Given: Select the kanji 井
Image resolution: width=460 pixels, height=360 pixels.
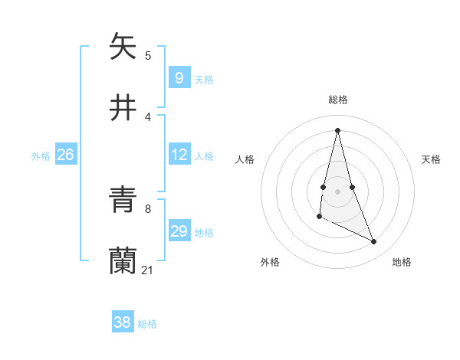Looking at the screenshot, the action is (123, 107).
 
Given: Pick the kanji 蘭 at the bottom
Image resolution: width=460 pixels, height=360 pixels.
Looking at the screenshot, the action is (123, 261).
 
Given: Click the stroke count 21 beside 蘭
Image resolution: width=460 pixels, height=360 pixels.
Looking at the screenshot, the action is (148, 270).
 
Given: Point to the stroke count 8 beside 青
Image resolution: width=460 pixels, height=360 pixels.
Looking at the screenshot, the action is (147, 208).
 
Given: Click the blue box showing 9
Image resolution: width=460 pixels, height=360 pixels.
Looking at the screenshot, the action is (179, 77).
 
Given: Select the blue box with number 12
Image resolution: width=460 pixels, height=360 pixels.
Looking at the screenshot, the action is (179, 155).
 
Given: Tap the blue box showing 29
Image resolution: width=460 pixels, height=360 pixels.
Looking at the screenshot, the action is (179, 231).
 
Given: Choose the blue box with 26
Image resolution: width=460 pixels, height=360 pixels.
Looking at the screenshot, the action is (65, 155).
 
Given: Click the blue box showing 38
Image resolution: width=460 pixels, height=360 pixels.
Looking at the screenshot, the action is (122, 322).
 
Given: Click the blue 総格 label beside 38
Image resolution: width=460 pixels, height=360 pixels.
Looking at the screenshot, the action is (147, 324).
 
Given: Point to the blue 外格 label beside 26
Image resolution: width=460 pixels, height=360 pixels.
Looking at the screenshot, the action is (41, 156).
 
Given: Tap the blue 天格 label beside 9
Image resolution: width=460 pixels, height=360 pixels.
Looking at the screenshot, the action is (204, 79).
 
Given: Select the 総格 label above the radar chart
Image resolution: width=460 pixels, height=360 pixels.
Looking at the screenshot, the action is (338, 100).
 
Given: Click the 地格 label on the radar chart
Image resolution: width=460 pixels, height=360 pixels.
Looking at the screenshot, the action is (402, 262).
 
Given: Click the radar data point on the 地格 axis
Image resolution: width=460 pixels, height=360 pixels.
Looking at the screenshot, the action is (374, 242).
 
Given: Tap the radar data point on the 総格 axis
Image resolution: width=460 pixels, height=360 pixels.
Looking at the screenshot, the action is (338, 129).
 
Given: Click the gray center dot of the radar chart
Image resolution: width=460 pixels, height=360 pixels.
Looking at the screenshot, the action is (338, 191).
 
